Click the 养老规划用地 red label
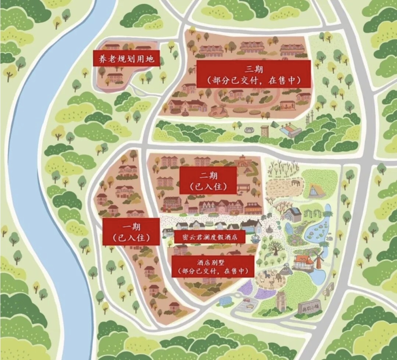[126, 58]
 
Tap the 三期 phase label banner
[254, 74]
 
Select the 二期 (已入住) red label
[208, 180]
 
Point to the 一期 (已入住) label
[131, 231]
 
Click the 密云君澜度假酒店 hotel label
[210, 237]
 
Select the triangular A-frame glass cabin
[315, 191]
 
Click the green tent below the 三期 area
[274, 125]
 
